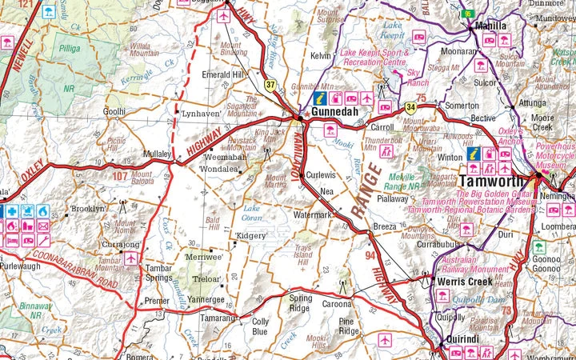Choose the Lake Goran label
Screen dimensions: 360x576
coord(252,213)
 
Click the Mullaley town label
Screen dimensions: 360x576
coord(157,152)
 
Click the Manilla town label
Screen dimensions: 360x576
coord(491,25)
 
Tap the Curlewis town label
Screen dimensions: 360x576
coord(321,174)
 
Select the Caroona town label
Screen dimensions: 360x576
coord(337,304)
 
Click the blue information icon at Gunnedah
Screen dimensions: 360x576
coord(318,98)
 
